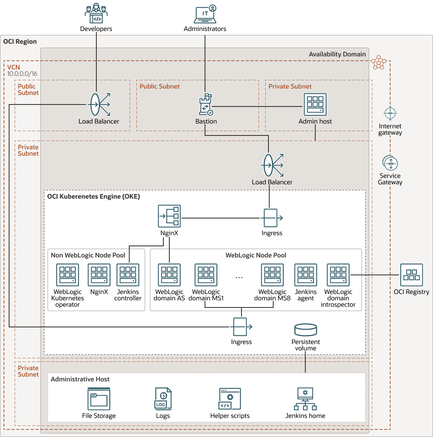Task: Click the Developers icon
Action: point(96,14)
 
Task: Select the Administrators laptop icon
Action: point(205,14)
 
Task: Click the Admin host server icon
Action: point(315,104)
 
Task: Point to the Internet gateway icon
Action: point(391,114)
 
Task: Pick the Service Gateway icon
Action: point(391,163)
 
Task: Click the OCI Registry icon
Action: point(411,275)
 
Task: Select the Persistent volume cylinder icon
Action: point(306,330)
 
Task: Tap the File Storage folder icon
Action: point(99,399)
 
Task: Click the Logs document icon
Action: point(163,399)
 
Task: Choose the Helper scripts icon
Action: point(230,399)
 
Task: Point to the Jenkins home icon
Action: point(305,399)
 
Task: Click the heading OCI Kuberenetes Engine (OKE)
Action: point(94,196)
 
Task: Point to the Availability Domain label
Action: point(337,54)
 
